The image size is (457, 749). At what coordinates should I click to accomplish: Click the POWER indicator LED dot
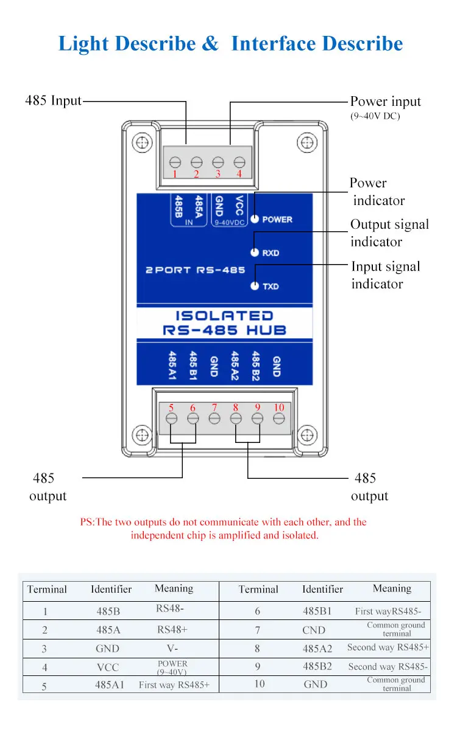pos(255,219)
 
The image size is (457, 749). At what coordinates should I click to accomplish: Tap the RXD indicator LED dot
pos(255,253)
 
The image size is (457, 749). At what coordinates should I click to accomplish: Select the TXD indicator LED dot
pos(255,286)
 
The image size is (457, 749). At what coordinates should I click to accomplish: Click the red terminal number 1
pos(175,174)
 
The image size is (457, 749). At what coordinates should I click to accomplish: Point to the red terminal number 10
pos(278,407)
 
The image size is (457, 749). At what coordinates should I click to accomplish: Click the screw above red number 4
pos(239,162)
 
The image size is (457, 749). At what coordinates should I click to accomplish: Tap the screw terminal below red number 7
pos(214,419)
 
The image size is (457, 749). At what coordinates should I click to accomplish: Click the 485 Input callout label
pos(53,101)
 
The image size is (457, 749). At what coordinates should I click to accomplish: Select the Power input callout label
pos(385,102)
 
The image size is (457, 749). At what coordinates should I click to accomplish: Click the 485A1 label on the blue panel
pos(173,364)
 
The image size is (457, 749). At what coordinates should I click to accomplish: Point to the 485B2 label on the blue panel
pos(256,364)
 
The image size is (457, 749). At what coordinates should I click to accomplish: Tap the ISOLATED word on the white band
pos(224,316)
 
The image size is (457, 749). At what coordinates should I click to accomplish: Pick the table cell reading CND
pos(314,630)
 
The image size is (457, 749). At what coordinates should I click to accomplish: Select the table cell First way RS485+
pos(174,685)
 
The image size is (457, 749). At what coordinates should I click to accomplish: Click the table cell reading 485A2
pos(317,649)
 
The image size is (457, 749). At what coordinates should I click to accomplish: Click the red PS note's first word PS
pos(87,522)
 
